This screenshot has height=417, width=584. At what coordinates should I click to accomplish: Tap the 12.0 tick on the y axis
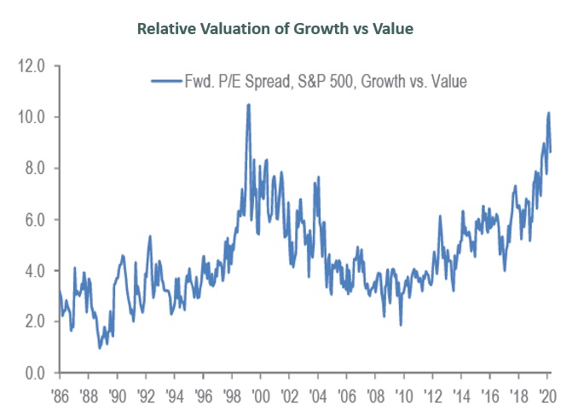pos(33,66)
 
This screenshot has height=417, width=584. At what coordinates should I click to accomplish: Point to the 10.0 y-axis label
pos(33,117)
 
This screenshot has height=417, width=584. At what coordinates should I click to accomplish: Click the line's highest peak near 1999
pos(248,105)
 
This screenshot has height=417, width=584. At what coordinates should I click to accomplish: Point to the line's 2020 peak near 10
pos(549,113)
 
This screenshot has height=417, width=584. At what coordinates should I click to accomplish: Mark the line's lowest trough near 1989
pos(100,347)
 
